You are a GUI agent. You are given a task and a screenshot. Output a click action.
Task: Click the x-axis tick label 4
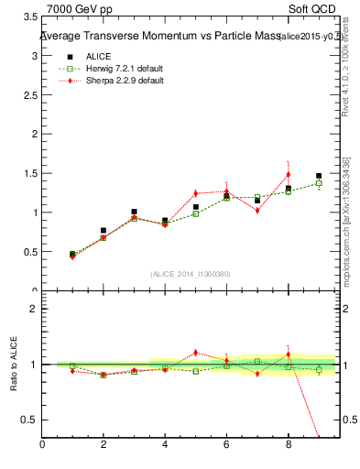coord(165,446)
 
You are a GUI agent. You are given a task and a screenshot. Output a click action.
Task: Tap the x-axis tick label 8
coord(288,446)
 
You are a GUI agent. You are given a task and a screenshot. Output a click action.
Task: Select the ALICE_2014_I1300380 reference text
coord(191,274)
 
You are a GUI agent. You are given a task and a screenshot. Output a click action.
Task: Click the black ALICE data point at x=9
coord(319,176)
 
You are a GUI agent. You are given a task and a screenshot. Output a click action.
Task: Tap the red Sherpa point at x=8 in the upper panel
coord(288,174)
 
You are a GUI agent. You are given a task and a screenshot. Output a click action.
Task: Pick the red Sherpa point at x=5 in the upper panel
coord(195,193)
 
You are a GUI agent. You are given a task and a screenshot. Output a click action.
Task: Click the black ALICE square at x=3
coord(134,212)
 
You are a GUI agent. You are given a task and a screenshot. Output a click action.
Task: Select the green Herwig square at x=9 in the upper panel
coord(319,183)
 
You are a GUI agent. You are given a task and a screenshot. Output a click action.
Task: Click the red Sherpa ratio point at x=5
coord(195,352)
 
